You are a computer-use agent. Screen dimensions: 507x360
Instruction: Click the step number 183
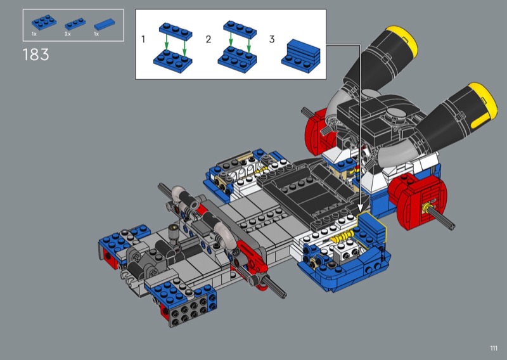point(36,55)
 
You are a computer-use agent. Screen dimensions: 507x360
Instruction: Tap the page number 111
point(494,348)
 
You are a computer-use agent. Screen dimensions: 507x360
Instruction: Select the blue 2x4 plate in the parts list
point(44,22)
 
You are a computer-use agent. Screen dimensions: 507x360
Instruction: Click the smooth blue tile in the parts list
point(104,24)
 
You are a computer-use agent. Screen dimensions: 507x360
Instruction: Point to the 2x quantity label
point(67,34)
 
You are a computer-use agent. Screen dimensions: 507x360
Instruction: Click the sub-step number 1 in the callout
point(143,39)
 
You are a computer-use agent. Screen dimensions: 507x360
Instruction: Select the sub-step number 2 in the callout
point(209,39)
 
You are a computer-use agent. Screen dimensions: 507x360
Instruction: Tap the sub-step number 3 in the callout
point(272,39)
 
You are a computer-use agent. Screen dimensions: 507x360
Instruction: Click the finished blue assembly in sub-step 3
point(300,56)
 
